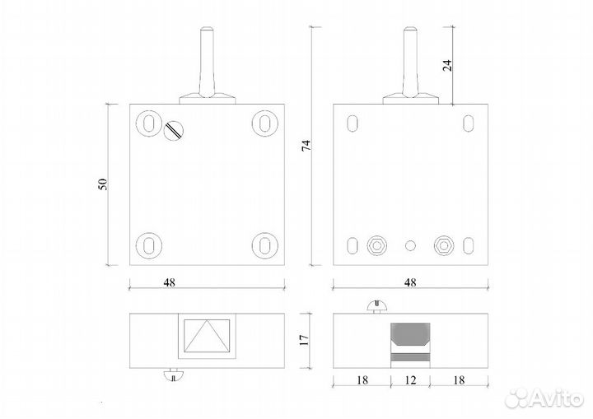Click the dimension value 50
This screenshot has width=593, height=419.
point(103,184)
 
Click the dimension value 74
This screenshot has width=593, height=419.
point(306,146)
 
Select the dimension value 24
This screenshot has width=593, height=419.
point(447,65)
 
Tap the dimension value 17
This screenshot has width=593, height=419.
point(304,340)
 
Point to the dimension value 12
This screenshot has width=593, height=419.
point(410,379)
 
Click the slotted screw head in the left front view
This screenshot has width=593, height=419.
point(174,130)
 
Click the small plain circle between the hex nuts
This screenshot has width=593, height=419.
point(410,246)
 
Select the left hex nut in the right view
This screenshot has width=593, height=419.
point(376,246)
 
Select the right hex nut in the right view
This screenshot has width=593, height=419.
point(444,246)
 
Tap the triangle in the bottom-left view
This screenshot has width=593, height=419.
point(207,336)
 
